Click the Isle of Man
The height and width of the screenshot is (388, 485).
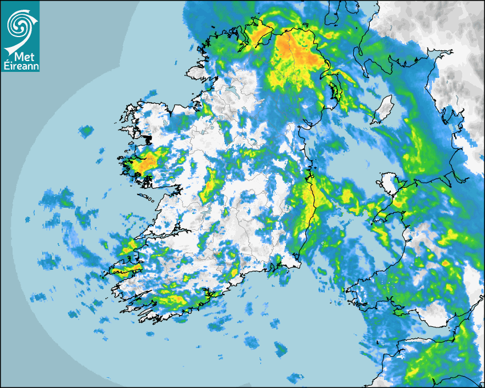[384, 108]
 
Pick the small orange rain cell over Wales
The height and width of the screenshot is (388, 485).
[445, 264]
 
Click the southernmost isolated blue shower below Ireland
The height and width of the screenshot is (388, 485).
[295, 378]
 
